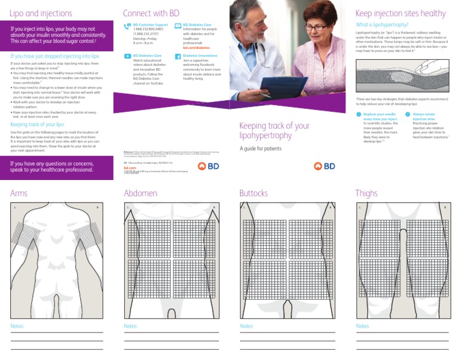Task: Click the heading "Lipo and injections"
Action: tap(41, 13)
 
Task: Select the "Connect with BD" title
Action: tap(151, 13)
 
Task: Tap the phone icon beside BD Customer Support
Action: tap(127, 26)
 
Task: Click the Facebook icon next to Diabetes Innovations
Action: tap(178, 56)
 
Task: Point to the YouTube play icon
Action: tap(127, 56)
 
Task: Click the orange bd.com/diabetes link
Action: tap(196, 47)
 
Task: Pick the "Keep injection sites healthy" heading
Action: tap(400, 13)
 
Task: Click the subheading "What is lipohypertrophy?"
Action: tap(382, 25)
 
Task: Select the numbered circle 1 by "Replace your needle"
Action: tap(359, 114)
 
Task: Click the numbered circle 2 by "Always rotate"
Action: tap(408, 114)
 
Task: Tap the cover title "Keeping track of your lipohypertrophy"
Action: tap(274, 130)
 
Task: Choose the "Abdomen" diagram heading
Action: tap(140, 193)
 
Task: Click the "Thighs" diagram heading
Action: tap(366, 193)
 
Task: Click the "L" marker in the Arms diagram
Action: tap(15, 207)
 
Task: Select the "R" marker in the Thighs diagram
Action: tap(444, 207)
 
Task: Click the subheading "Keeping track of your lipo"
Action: tap(37, 124)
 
